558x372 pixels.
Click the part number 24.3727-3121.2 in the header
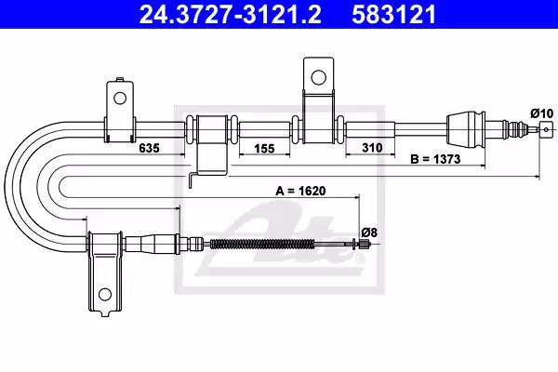[231, 14]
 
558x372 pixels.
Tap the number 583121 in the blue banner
[393, 14]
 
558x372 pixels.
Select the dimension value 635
[149, 148]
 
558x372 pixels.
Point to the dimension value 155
[264, 148]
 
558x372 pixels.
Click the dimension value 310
[372, 147]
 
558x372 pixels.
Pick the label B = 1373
[435, 159]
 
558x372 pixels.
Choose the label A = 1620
[300, 191]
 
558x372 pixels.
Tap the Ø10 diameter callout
[542, 113]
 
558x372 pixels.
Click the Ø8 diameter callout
[369, 232]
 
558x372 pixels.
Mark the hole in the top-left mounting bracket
[120, 98]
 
